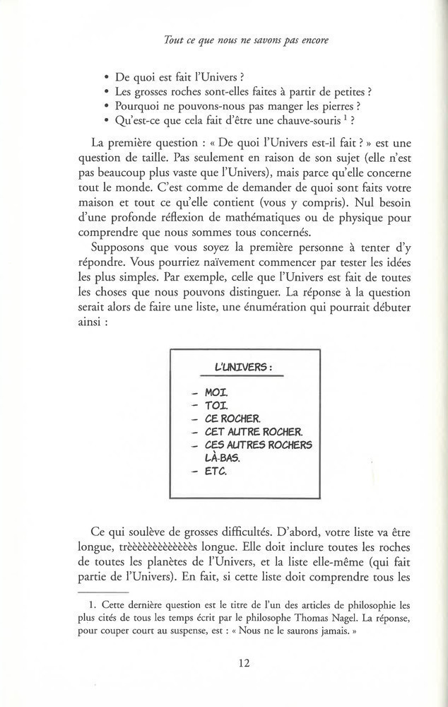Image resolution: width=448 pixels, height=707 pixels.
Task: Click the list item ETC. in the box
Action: coord(216,472)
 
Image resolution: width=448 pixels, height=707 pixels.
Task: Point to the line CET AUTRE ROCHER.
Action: coord(243,431)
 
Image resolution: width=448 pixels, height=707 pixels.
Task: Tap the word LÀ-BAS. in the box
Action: coord(222,457)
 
